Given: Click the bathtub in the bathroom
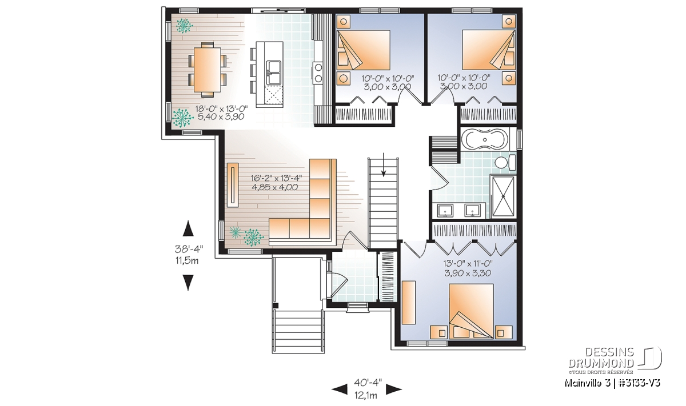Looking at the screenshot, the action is (485, 139).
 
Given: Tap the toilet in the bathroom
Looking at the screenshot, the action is (505, 162).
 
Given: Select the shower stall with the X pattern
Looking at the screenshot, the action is (503, 196).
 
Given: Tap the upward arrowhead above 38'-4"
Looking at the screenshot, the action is (188, 228).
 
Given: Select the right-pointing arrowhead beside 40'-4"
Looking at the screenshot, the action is (394, 389).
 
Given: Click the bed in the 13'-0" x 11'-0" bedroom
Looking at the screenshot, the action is (471, 311).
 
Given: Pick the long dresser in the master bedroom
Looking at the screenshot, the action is (409, 302).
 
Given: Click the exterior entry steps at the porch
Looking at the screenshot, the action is (299, 331).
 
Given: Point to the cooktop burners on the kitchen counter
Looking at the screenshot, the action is (318, 73).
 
